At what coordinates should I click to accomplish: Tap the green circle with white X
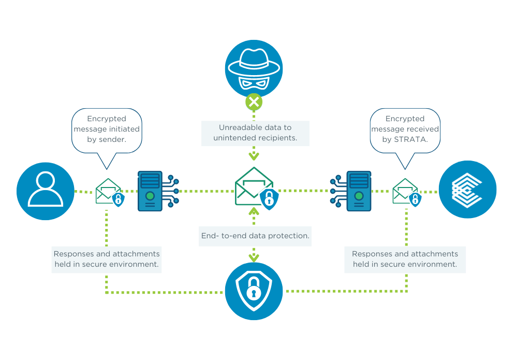coord(254,102)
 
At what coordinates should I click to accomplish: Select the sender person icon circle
coord(46,191)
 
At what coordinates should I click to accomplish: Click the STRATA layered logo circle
coord(467,189)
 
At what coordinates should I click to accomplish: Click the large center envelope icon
coord(254,186)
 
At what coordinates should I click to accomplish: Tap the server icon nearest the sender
coord(150,191)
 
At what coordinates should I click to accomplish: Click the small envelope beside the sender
coord(108,192)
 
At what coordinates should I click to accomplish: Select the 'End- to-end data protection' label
coord(255,236)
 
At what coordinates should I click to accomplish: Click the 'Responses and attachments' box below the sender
coord(107,259)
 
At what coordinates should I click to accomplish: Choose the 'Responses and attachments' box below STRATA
coord(405,259)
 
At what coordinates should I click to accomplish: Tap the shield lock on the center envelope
coord(269,199)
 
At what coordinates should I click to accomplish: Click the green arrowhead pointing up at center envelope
coord(254,211)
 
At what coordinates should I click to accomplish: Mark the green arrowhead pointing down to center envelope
coord(254,156)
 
